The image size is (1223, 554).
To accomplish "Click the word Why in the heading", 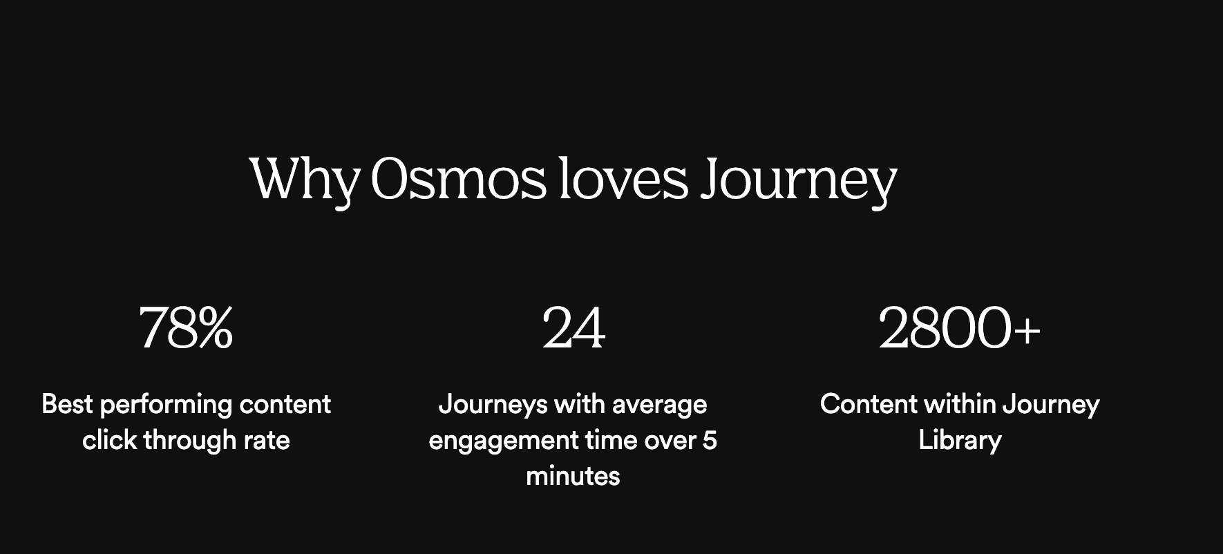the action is tap(304, 180).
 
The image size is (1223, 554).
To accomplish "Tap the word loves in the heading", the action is tap(624, 179).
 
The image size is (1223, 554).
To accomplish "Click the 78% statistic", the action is tap(186, 328).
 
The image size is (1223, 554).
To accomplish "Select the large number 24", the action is tap(573, 328).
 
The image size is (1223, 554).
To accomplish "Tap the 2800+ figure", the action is tap(959, 328).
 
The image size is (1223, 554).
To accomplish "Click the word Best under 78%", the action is tap(67, 404).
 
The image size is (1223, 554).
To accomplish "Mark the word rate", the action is tap(267, 441).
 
